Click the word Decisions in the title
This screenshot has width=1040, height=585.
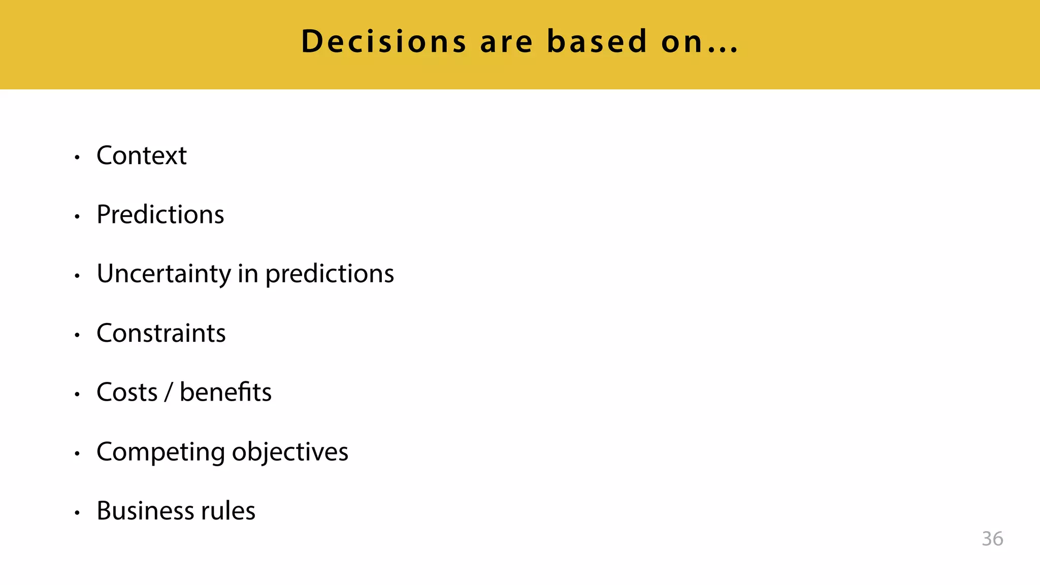(x=383, y=42)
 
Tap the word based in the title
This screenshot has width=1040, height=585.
(x=597, y=42)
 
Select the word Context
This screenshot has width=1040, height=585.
(x=142, y=155)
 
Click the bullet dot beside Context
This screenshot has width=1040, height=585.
(x=77, y=157)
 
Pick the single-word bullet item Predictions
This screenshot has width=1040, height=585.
(x=160, y=214)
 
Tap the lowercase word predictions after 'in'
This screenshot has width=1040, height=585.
(x=330, y=274)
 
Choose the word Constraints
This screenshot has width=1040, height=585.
(x=161, y=333)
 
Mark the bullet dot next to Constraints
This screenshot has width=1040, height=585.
(x=77, y=335)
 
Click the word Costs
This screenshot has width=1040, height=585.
(x=127, y=393)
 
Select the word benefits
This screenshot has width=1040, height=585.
(x=225, y=393)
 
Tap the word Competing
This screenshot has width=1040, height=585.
(x=160, y=452)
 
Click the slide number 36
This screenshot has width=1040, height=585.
(x=992, y=539)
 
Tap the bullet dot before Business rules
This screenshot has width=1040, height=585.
(x=77, y=513)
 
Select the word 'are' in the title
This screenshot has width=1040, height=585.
(x=506, y=42)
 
